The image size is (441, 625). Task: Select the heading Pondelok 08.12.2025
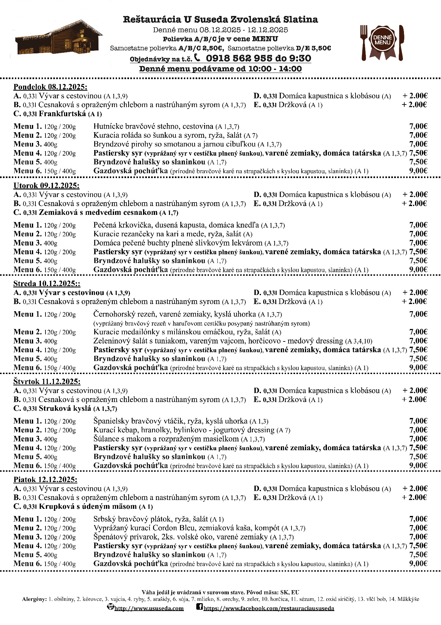50,87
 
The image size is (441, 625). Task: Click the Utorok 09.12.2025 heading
46,186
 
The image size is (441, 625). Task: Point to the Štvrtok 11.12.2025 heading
47,382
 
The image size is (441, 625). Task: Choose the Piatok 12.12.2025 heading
45,479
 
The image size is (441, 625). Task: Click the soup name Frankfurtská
62,114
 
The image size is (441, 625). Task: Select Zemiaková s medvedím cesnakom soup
98,213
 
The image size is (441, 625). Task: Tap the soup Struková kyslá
65,409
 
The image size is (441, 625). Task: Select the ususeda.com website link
149,608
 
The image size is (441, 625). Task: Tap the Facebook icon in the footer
200,607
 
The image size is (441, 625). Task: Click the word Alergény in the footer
34,599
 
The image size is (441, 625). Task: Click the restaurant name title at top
220,20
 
